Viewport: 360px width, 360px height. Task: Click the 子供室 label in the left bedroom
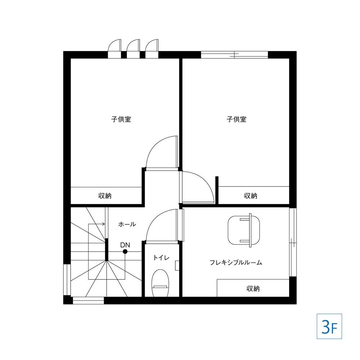pyautogui.click(x=121, y=120)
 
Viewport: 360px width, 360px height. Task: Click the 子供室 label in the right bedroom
pyautogui.click(x=237, y=120)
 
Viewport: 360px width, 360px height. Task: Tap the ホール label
pyautogui.click(x=127, y=224)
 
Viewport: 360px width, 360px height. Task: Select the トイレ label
pyautogui.click(x=161, y=258)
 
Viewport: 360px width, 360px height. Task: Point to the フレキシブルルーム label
pyautogui.click(x=236, y=262)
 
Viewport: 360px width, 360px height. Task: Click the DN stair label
pyautogui.click(x=125, y=245)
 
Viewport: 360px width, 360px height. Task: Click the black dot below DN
pyautogui.click(x=125, y=252)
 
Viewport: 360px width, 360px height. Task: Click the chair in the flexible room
pyautogui.click(x=244, y=230)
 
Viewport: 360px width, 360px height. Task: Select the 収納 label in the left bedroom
pyautogui.click(x=105, y=196)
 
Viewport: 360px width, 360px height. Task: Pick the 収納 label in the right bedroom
pyautogui.click(x=251, y=196)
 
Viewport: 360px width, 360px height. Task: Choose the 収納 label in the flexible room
pyautogui.click(x=253, y=289)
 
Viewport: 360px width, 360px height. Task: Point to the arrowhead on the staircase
pyautogui.click(x=104, y=224)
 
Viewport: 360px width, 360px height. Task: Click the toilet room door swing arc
pyautogui.click(x=153, y=218)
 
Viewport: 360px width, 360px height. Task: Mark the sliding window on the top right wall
pyautogui.click(x=234, y=55)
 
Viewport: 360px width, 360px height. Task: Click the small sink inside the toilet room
pyautogui.click(x=177, y=265)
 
